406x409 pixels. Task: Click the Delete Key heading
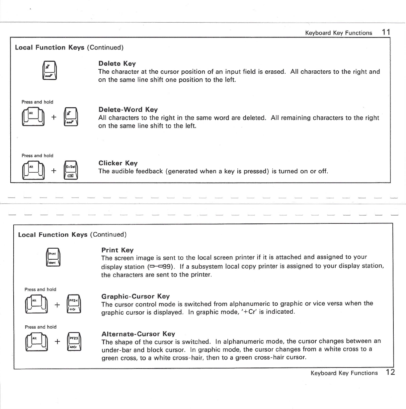117,63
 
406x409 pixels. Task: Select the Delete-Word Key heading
128,110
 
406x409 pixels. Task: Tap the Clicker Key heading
118,163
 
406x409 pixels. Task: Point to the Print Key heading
117,250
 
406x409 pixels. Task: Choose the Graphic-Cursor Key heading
135,296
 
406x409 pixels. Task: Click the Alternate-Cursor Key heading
138,334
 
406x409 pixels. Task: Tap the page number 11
386,32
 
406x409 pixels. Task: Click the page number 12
390,372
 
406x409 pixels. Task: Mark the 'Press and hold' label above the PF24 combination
41,289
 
